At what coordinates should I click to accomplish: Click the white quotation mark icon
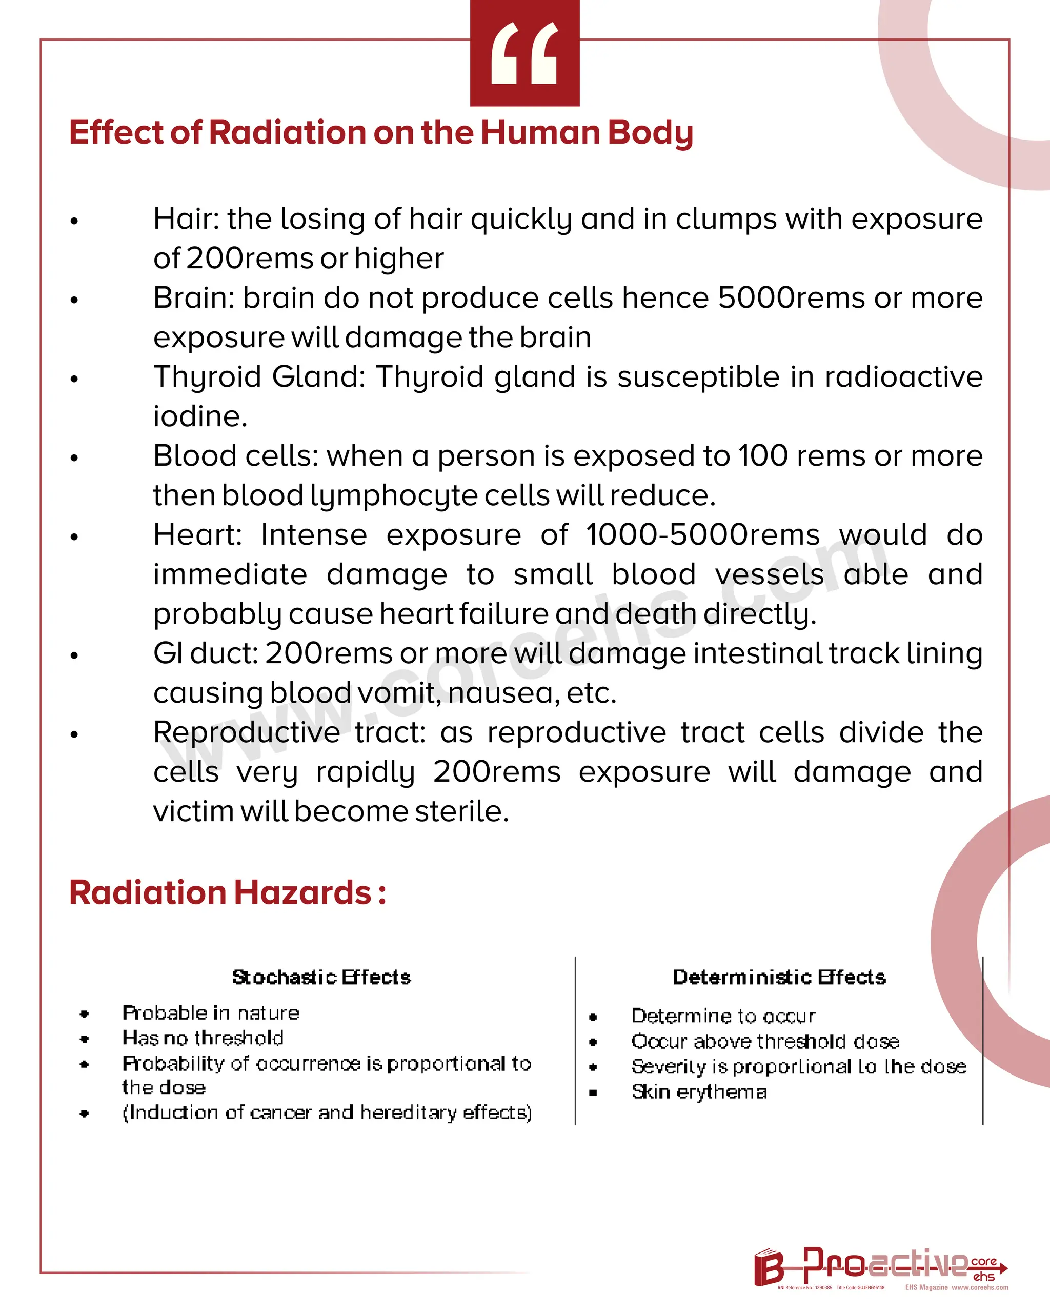524,53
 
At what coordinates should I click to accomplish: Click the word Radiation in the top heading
287,132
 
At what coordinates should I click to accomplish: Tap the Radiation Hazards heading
227,893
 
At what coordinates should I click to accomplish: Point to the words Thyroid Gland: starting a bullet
259,377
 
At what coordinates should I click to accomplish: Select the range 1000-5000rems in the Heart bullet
702,535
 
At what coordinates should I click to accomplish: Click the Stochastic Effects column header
321,978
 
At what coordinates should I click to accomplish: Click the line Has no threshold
203,1038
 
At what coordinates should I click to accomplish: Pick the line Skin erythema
699,1092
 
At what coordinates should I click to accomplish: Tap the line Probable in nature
211,1013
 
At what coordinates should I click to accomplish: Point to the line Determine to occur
723,1016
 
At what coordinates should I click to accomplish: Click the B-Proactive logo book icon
768,1267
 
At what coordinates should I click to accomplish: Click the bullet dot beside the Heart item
74,537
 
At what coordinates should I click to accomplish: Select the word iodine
199,416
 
